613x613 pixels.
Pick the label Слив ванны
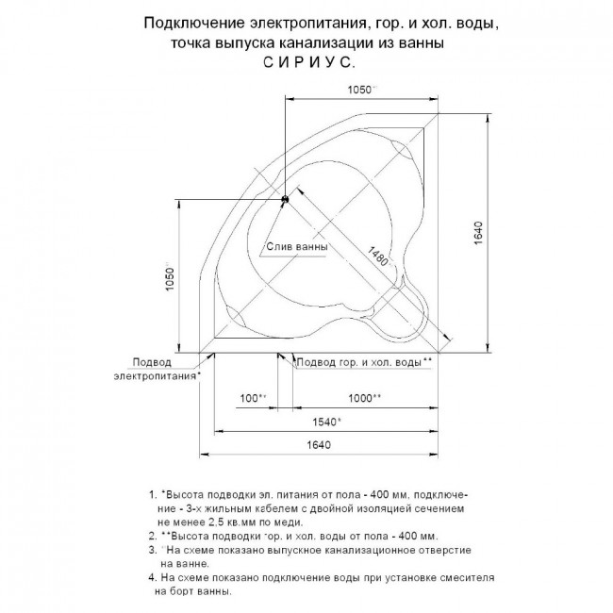[296, 247]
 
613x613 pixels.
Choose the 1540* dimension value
[325, 422]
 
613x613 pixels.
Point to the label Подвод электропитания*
[157, 369]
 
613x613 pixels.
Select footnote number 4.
[152, 574]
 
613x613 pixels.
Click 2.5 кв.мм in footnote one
[267, 521]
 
